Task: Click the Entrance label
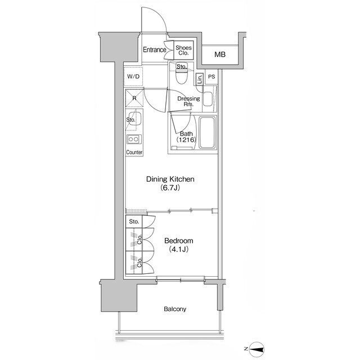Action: [155, 49]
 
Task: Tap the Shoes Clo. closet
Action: [183, 50]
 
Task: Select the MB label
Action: [220, 55]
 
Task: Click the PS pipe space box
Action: [211, 76]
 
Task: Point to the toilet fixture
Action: [182, 75]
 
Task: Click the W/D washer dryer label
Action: [133, 76]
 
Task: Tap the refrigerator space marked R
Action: [134, 98]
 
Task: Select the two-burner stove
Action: [134, 139]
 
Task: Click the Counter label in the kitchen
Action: [134, 152]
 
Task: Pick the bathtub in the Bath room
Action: [208, 133]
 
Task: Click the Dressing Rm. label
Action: [189, 101]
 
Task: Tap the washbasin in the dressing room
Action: [208, 99]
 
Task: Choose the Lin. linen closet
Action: [200, 79]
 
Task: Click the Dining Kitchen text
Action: [170, 179]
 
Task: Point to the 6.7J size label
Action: [170, 188]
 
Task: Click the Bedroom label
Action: [179, 241]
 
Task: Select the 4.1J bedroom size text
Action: [179, 249]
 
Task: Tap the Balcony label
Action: [175, 309]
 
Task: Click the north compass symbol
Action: [257, 349]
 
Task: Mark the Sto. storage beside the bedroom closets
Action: [134, 222]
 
